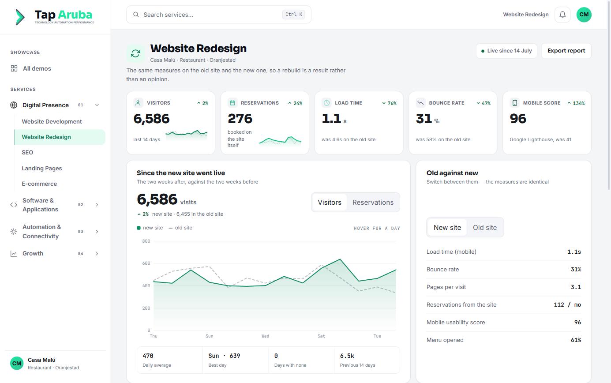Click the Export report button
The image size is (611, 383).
(566, 51)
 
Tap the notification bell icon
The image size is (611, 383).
(562, 15)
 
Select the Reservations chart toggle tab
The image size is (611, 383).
(373, 203)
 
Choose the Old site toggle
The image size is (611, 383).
(485, 228)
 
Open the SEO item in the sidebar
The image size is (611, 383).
(27, 153)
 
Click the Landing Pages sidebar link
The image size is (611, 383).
(42, 168)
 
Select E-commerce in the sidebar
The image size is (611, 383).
(39, 184)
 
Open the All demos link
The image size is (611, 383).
(37, 68)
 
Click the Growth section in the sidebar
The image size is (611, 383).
(33, 253)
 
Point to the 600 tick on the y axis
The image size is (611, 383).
(146, 263)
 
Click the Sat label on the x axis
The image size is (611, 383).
(321, 336)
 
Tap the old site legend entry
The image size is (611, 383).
(180, 228)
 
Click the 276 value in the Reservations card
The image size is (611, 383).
(240, 119)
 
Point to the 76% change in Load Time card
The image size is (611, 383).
(390, 103)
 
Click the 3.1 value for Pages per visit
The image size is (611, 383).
(576, 287)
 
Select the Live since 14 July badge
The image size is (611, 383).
(506, 51)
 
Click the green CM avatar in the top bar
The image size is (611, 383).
(584, 15)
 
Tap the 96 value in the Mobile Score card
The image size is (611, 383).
(518, 119)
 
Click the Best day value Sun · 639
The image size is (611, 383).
(224, 356)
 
